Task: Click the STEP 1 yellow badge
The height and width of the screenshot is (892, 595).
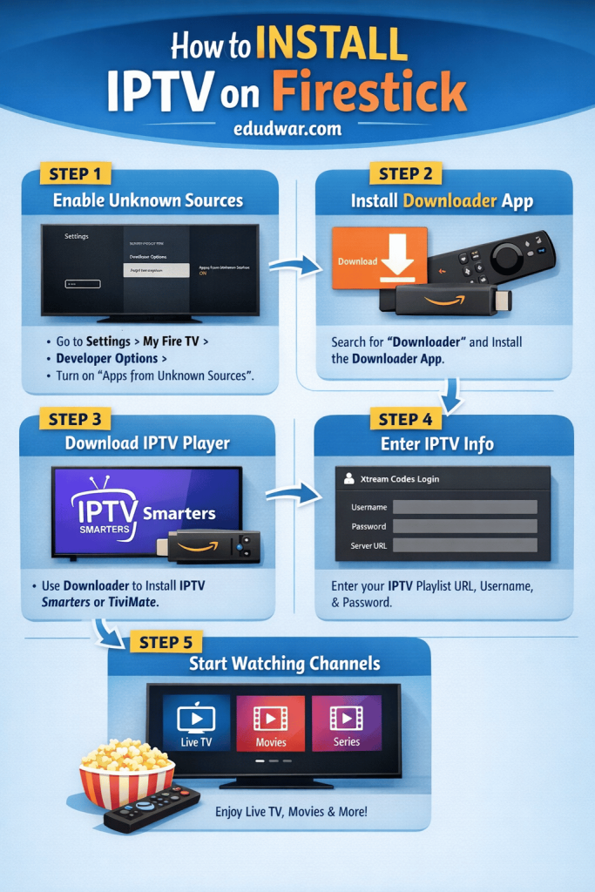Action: [75, 172]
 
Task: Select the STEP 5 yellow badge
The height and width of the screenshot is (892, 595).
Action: [165, 643]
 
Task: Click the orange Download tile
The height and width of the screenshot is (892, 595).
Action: [380, 260]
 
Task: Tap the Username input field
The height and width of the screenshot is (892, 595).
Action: [464, 507]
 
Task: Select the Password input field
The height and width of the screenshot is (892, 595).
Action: [464, 526]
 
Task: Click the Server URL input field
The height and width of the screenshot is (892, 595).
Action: [464, 545]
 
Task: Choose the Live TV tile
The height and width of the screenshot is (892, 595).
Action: [196, 723]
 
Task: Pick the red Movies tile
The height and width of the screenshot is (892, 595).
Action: [270, 723]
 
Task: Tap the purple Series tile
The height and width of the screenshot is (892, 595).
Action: [346, 723]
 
